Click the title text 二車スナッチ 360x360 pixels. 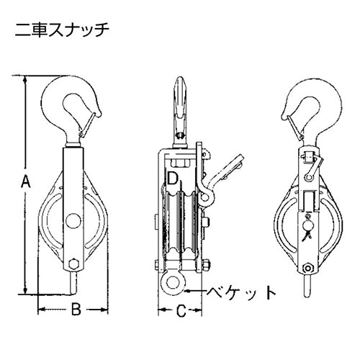[x=62, y=30]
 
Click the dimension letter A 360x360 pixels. [x=26, y=181]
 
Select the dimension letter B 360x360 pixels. [x=76, y=309]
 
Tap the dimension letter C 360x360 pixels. [x=181, y=311]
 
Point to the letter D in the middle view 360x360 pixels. [x=173, y=178]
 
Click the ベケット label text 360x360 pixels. [x=241, y=292]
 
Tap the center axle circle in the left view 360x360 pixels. [x=73, y=220]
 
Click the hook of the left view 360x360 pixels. [x=70, y=106]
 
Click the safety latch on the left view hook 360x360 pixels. [x=89, y=125]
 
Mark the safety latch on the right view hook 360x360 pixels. [x=294, y=127]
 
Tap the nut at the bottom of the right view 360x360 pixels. [x=307, y=268]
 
